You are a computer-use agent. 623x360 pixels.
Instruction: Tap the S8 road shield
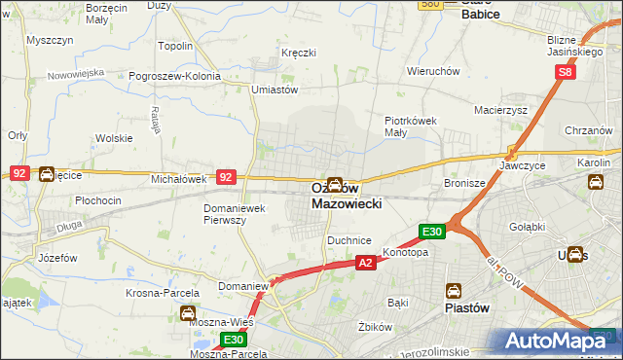(x=568, y=72)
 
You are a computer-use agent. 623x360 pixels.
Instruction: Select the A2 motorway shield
(x=365, y=263)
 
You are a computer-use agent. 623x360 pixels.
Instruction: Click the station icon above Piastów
(x=454, y=291)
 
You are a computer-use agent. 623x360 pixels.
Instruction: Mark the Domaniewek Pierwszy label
(x=234, y=214)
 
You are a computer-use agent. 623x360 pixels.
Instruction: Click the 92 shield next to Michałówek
(x=226, y=177)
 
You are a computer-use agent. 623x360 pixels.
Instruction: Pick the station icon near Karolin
(x=595, y=182)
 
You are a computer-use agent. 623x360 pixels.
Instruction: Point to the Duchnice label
(x=349, y=238)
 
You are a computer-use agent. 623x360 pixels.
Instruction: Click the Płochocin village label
(x=97, y=200)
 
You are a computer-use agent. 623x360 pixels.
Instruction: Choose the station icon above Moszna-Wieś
(x=187, y=313)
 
